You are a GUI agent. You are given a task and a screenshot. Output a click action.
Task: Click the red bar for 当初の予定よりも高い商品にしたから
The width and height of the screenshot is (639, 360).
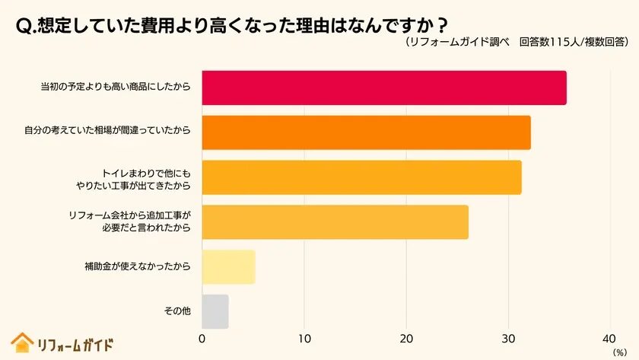click(384, 88)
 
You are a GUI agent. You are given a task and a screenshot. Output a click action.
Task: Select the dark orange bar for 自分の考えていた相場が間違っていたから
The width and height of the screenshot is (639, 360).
click(366, 132)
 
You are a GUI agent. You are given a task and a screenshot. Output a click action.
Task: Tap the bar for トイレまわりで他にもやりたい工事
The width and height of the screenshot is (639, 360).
click(361, 177)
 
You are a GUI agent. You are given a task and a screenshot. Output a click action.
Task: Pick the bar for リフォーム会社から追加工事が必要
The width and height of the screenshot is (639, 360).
click(335, 221)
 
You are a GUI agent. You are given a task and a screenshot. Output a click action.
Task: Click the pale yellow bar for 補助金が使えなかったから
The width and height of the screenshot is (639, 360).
click(228, 266)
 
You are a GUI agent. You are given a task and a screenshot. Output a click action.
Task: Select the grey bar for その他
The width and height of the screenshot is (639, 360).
click(215, 311)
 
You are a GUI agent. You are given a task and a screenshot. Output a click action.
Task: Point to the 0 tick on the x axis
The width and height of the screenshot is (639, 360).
click(202, 339)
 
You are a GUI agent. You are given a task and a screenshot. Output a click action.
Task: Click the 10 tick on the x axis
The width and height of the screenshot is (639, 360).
click(304, 339)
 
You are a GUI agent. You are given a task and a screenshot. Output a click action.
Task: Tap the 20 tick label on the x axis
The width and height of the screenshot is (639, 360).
click(407, 339)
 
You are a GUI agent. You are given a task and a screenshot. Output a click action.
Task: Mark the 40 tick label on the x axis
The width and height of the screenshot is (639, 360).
click(609, 339)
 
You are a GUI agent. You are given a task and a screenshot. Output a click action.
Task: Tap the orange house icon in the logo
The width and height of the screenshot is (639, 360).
click(22, 343)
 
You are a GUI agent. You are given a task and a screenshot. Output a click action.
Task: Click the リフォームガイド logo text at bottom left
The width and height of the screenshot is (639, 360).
click(75, 344)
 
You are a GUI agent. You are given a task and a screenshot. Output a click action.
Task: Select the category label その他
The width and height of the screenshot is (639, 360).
click(176, 311)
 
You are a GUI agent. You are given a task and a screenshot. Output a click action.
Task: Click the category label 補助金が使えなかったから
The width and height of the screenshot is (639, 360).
click(137, 266)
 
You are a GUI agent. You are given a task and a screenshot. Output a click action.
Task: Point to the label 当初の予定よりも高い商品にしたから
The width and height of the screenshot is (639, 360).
click(114, 88)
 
